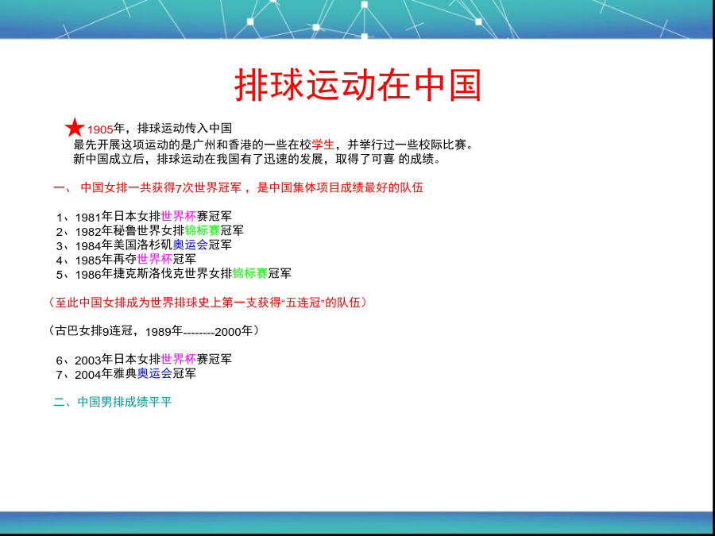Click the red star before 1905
point(75,128)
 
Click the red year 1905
point(100,129)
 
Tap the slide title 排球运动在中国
point(358,85)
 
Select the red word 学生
point(323,145)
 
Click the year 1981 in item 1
point(88,217)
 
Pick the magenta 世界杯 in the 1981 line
point(179,216)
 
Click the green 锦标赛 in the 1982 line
point(203,230)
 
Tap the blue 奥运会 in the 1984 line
point(191,245)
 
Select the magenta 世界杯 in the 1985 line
point(155,259)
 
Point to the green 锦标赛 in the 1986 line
point(250,273)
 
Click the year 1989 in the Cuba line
point(158,332)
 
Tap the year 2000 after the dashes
point(227,332)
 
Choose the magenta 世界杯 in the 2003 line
point(179,359)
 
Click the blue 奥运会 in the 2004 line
point(155,374)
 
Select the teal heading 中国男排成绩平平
point(125,402)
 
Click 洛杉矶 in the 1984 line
point(155,245)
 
